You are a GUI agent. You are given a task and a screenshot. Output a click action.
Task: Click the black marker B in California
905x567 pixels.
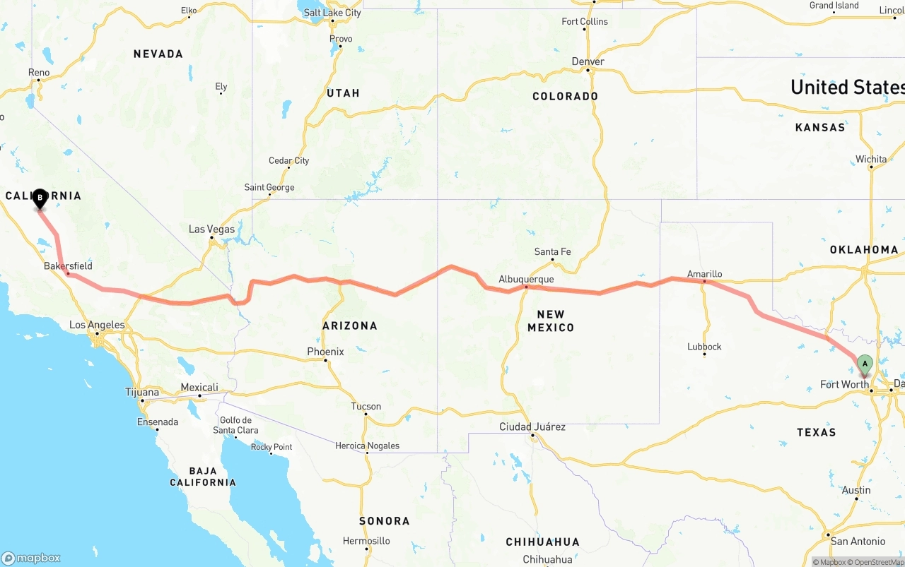(40, 198)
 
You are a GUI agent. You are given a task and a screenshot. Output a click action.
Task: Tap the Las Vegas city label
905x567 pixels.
(211, 229)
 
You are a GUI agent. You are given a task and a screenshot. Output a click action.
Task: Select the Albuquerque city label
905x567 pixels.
(526, 280)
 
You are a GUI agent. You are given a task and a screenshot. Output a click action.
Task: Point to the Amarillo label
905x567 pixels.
(705, 274)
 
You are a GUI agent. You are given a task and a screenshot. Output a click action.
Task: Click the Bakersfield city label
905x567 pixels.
(68, 266)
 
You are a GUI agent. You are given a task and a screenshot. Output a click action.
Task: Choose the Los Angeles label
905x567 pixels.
(97, 326)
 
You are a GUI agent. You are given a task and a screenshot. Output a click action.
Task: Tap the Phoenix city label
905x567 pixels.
(325, 352)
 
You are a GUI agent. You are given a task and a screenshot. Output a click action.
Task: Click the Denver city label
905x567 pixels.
(588, 61)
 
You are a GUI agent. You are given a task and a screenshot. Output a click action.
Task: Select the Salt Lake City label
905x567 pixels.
(332, 13)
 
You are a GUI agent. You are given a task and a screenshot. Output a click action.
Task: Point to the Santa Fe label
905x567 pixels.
(552, 251)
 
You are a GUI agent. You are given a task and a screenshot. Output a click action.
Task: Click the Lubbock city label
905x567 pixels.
(704, 347)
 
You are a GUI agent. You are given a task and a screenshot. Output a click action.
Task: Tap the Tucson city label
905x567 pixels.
(366, 406)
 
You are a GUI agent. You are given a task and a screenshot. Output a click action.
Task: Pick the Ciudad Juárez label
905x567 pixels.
(532, 426)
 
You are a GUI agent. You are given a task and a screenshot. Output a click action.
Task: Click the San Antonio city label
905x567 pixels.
(858, 542)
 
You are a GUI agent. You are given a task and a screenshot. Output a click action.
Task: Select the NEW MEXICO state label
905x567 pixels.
(551, 321)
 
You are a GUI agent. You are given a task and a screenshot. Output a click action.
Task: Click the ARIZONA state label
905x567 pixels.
(349, 326)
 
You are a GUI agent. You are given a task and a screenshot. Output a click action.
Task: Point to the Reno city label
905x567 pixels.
(39, 73)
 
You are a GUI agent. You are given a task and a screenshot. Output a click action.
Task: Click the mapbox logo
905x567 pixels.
(31, 558)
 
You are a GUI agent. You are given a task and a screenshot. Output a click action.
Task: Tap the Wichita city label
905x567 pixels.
(871, 160)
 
